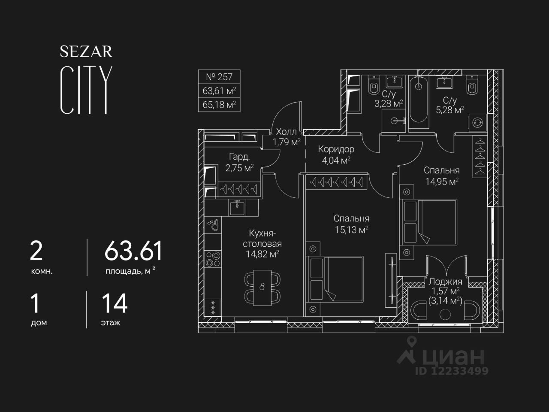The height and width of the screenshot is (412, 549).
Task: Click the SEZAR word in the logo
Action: (86, 52)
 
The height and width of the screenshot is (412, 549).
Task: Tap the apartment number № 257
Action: (219, 77)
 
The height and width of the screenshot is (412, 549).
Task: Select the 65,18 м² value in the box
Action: (219, 104)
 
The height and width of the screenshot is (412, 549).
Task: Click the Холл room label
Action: (286, 131)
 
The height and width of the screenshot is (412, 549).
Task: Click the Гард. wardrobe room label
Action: (239, 157)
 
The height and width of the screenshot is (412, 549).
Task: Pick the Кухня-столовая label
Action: (262, 239)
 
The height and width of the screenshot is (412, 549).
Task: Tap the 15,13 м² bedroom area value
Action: (351, 230)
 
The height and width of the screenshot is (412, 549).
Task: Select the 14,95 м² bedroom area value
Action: (442, 182)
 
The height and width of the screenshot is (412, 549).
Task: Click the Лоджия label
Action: (445, 282)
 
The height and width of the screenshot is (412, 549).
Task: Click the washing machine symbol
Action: (477, 123)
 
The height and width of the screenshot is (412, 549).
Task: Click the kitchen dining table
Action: (262, 286)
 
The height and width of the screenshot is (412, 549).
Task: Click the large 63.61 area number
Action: (133, 251)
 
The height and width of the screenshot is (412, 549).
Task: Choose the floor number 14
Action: (114, 303)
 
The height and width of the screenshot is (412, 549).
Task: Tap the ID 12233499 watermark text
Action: (451, 371)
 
